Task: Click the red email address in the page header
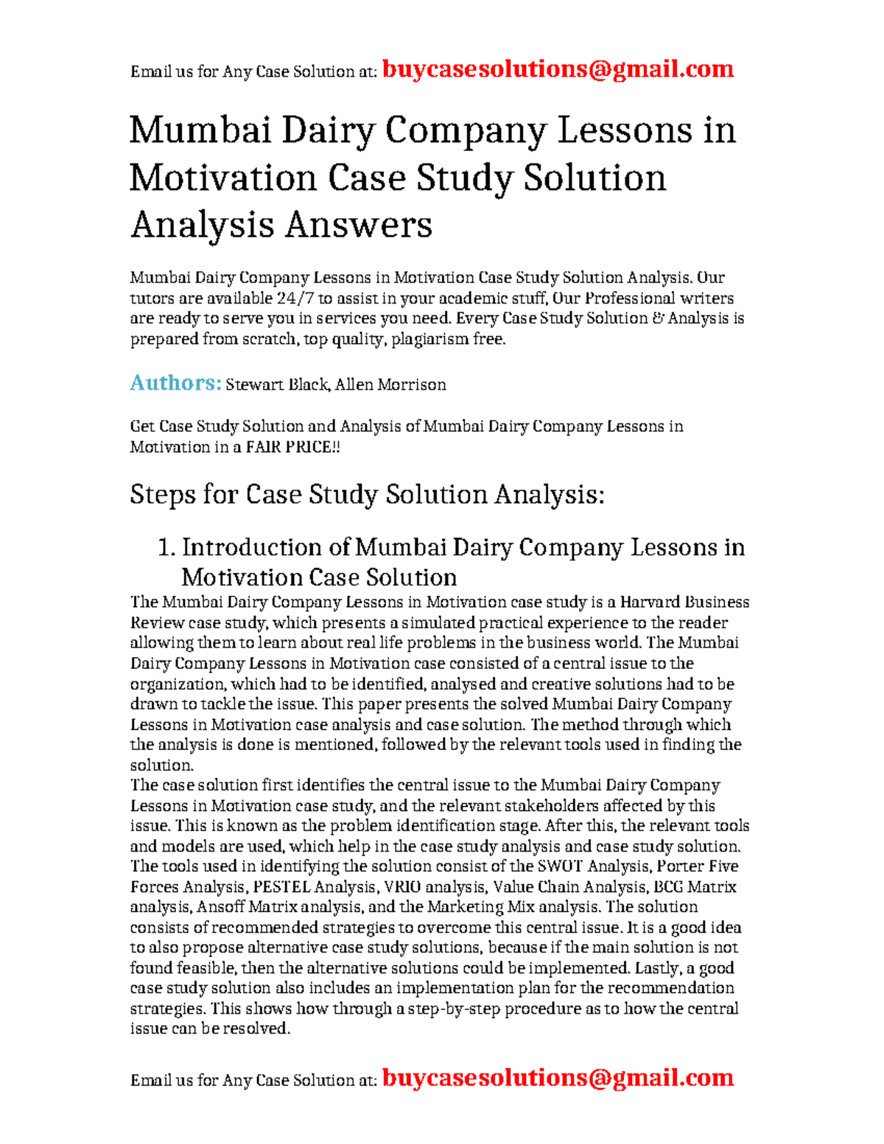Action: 558,70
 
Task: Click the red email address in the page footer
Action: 558,1078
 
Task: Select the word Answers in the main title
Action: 358,225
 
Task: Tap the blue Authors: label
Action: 175,383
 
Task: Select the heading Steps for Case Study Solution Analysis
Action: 367,494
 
